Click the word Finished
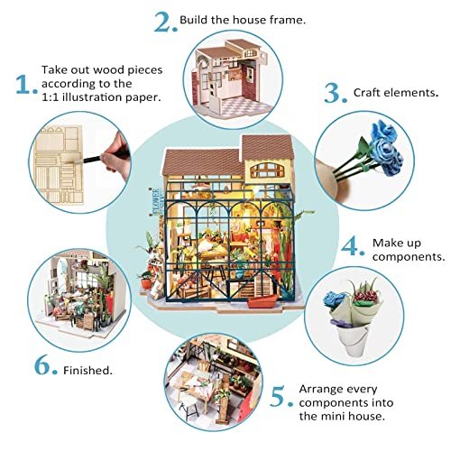pos(87,370)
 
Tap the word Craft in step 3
pos(367,92)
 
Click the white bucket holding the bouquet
pos(355,341)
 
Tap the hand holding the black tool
pos(115,156)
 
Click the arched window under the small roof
pos(267,170)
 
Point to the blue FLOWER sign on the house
pos(156,201)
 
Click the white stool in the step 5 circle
pos(189,404)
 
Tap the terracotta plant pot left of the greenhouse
pos(146,283)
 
